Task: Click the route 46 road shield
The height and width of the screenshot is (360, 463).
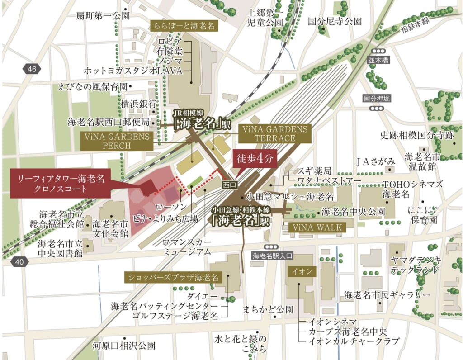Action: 31,69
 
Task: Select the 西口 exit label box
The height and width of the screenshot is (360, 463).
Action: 230,185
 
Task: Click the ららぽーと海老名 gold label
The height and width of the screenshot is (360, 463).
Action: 184,26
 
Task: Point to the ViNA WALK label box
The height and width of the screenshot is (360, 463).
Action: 317,227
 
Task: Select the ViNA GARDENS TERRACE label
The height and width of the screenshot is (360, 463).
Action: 275,133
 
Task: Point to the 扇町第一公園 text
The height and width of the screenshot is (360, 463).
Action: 103,16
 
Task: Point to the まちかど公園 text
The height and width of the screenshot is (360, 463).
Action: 268,309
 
